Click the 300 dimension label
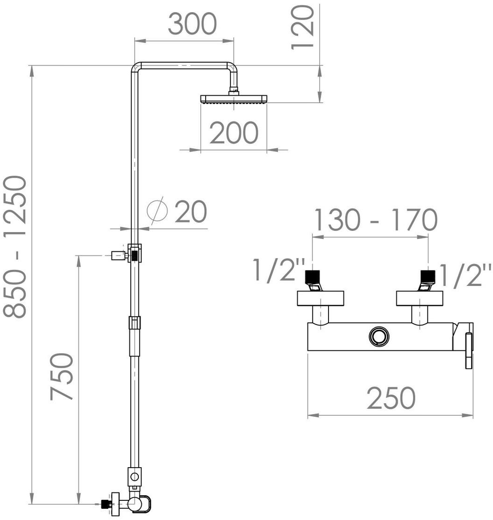click(192, 24)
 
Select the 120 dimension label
click(302, 28)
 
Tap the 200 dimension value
click(234, 133)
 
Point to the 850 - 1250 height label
click(14, 247)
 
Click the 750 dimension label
click(61, 377)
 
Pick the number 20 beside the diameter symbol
click(191, 212)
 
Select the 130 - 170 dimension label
click(375, 220)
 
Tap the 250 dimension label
click(391, 398)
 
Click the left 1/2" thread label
click(279, 270)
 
